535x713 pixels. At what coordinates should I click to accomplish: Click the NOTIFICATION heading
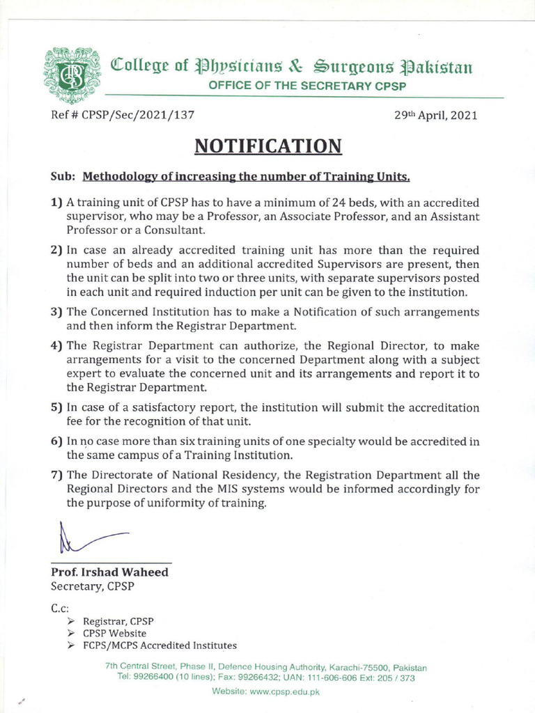[x=267, y=146]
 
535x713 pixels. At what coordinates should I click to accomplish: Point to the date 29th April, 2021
[x=435, y=116]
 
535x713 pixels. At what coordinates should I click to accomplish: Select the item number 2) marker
[x=56, y=250]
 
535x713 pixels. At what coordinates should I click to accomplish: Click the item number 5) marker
[x=56, y=407]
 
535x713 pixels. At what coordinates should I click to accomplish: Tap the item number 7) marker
[x=56, y=475]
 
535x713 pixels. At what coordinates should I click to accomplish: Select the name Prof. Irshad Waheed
[x=109, y=572]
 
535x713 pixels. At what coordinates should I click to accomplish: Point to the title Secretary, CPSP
[x=93, y=586]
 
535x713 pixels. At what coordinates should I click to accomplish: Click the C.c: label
[x=59, y=609]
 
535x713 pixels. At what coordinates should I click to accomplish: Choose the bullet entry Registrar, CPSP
[x=118, y=621]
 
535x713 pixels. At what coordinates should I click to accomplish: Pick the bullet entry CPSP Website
[x=114, y=634]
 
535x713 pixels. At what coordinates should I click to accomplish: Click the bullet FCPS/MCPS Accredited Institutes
[x=160, y=646]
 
